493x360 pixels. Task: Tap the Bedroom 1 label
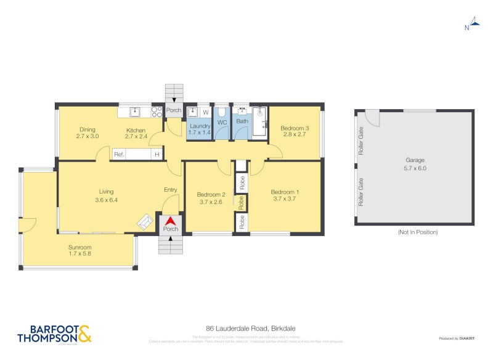284,192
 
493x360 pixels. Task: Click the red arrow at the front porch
170,221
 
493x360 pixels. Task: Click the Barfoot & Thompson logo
54,333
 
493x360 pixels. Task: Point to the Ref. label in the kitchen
120,155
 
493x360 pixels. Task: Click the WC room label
222,121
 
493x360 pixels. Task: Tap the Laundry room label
200,126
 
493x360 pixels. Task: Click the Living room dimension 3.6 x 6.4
106,200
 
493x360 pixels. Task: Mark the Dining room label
87,129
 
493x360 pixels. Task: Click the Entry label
170,190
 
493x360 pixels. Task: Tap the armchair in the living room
145,222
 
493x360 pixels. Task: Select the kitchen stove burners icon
157,112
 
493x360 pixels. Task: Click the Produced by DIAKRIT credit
457,338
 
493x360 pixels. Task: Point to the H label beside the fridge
157,155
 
